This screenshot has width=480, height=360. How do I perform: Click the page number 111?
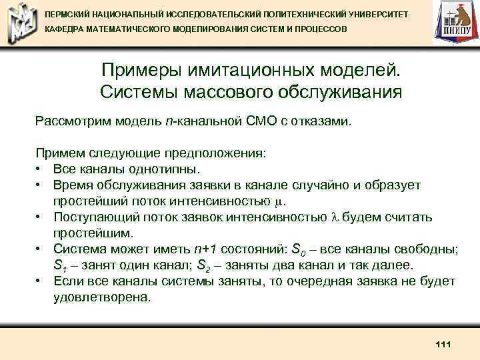tap(443, 345)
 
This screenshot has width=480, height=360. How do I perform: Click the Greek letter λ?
tap(335, 217)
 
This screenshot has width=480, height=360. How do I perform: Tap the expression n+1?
tap(207, 249)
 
